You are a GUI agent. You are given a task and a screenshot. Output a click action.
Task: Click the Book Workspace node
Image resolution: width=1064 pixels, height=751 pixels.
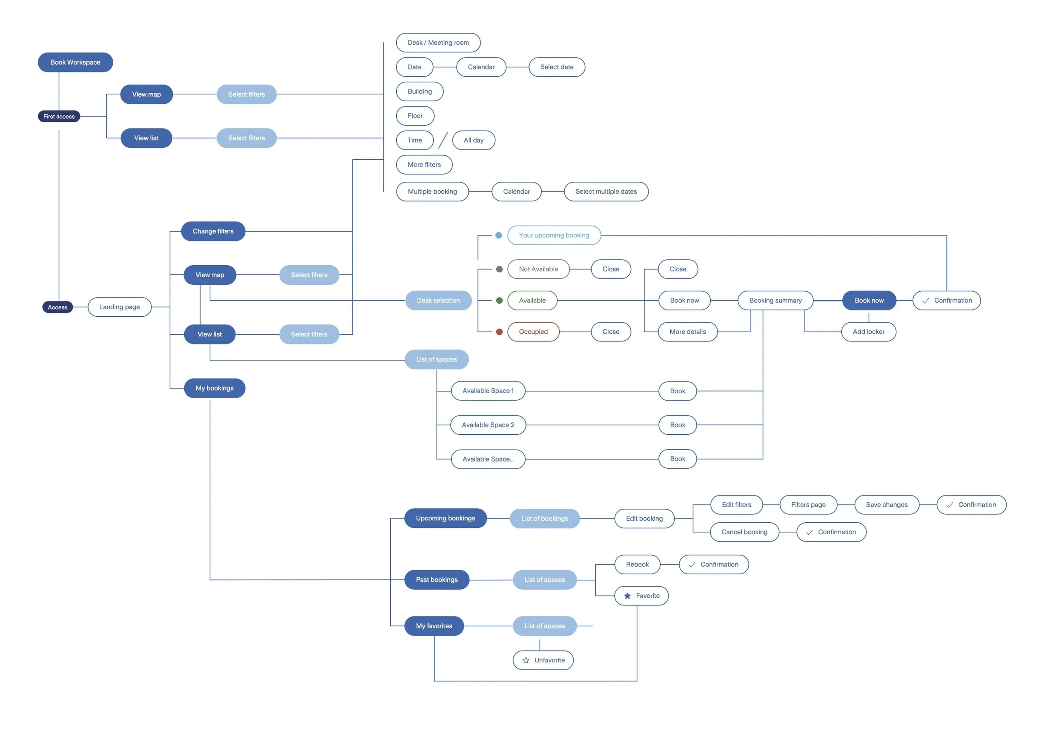pyautogui.click(x=75, y=62)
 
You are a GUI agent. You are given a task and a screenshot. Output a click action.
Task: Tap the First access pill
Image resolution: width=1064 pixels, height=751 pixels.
pyautogui.click(x=59, y=116)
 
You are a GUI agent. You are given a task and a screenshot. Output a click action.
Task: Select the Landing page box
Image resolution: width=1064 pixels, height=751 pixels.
pyautogui.click(x=120, y=307)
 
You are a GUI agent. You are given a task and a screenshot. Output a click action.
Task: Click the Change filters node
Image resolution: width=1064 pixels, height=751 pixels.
pyautogui.click(x=213, y=231)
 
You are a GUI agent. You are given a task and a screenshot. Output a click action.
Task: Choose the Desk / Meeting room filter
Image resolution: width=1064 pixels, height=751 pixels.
pyautogui.click(x=438, y=43)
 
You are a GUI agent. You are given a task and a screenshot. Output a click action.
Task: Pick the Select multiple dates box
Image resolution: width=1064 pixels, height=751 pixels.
pyautogui.click(x=606, y=192)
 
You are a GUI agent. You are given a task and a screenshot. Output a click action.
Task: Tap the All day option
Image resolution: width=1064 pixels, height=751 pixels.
pyautogui.click(x=473, y=140)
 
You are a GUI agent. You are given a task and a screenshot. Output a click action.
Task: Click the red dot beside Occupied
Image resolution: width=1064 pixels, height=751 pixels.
pyautogui.click(x=499, y=332)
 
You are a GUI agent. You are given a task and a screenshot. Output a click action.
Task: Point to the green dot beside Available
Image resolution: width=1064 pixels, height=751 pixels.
pyautogui.click(x=499, y=301)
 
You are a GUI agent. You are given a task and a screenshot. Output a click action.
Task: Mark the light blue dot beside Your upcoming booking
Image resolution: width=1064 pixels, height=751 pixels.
pyautogui.click(x=499, y=235)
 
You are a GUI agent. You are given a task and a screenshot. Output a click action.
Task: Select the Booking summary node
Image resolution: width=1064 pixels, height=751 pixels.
pyautogui.click(x=775, y=301)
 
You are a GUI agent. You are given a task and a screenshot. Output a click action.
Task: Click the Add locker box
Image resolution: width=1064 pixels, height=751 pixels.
pyautogui.click(x=869, y=332)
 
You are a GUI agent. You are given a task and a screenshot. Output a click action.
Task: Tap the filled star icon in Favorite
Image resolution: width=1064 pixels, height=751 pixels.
pyautogui.click(x=627, y=596)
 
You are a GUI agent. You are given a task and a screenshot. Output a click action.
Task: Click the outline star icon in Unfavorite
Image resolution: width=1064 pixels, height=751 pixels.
pyautogui.click(x=526, y=661)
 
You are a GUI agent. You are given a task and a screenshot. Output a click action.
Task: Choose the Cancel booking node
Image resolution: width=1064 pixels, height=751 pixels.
pyautogui.click(x=744, y=532)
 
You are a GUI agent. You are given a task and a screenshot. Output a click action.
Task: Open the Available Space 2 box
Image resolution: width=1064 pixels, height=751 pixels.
pyautogui.click(x=488, y=425)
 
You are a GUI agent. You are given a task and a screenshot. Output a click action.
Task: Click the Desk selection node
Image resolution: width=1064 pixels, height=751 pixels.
pyautogui.click(x=438, y=301)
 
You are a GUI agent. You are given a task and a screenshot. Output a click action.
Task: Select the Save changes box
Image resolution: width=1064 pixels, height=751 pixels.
pyautogui.click(x=887, y=505)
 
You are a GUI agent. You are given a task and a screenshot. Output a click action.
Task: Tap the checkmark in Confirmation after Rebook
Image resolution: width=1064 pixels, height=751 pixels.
pyautogui.click(x=692, y=565)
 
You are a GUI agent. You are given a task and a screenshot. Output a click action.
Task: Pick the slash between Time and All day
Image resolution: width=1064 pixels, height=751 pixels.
pyautogui.click(x=443, y=140)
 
